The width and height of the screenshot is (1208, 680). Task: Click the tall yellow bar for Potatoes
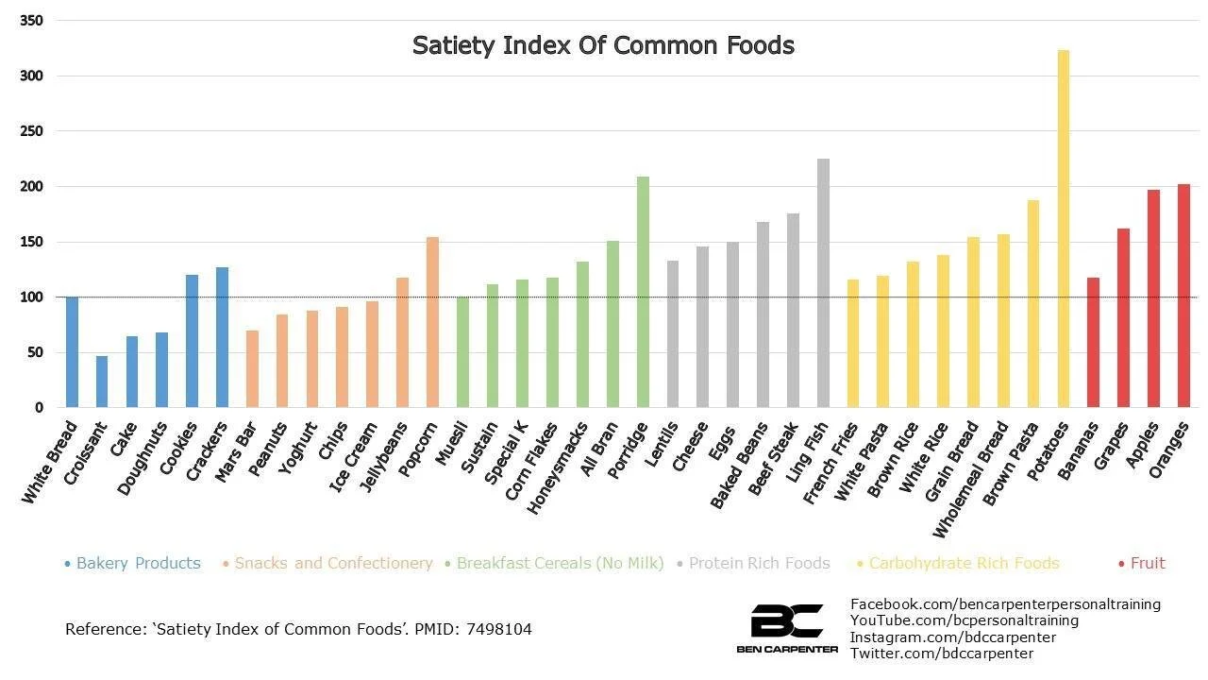pos(1064,231)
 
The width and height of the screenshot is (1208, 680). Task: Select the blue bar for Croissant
pos(102,382)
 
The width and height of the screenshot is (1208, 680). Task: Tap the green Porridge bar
pos(643,293)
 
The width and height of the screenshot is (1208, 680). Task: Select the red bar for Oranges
pos(1183,297)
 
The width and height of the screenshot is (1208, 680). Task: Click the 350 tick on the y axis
pos(31,21)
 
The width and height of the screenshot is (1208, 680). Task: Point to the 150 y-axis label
pos(31,242)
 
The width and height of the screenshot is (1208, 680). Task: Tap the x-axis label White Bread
pos(50,463)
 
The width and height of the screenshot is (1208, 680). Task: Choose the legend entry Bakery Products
pos(138,563)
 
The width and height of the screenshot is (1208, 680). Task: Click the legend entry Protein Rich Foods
pos(759,563)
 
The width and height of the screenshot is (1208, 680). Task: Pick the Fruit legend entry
pos(1148,563)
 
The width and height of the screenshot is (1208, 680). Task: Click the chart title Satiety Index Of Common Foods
pos(603,45)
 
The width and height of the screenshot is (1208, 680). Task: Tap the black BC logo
pos(786,622)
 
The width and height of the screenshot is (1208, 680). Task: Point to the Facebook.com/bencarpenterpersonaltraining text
pos(1005,603)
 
